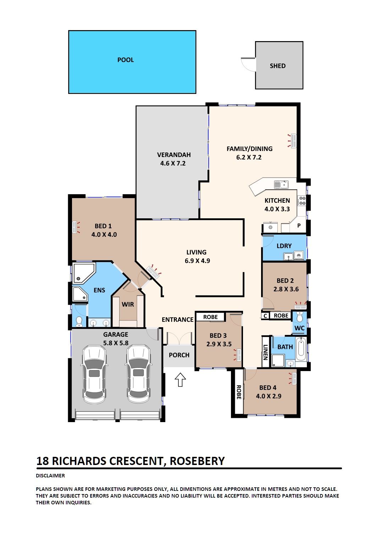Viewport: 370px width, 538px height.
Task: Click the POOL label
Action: point(126,60)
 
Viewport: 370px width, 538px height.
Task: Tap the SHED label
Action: point(278,66)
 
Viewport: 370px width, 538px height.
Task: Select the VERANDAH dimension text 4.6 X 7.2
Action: point(173,163)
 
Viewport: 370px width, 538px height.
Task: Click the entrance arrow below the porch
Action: point(180,380)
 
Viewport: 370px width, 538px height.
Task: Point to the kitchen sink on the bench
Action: point(281,185)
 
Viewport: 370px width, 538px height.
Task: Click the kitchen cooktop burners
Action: point(302,201)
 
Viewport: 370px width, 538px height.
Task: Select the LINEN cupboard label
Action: point(265,352)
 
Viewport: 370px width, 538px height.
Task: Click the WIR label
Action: point(128,304)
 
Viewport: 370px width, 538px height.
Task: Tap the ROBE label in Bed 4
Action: point(239,392)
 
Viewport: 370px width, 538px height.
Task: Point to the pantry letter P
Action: point(299,225)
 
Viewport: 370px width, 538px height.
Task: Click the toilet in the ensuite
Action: point(79,321)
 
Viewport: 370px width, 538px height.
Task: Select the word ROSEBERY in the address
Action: point(197,461)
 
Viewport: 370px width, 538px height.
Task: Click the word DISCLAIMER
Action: point(50,476)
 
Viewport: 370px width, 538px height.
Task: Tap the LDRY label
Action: point(284,246)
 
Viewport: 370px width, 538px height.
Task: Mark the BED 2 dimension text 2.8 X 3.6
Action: point(286,289)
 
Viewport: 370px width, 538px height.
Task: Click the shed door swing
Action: point(248,65)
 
